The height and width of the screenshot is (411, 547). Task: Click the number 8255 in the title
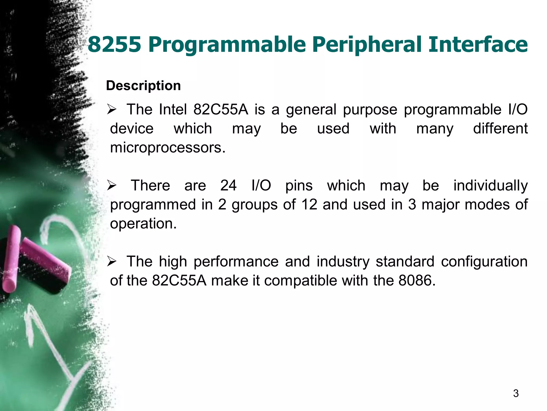point(114,44)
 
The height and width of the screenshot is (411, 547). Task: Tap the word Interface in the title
point(478,44)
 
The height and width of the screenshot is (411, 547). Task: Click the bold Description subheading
point(143,86)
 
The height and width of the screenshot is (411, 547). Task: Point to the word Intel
point(173,109)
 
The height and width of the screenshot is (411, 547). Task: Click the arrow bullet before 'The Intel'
point(111,110)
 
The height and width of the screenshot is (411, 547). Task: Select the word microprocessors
point(167,148)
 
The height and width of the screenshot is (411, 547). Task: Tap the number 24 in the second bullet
point(228,185)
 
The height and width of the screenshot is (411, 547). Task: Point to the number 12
point(309,205)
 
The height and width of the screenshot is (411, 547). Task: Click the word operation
point(143,224)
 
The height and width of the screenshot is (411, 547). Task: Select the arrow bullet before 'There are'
point(111,185)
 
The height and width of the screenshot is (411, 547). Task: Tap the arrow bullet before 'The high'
point(111,261)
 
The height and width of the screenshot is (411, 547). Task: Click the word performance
point(236,262)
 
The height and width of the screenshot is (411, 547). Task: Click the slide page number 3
point(516,393)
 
